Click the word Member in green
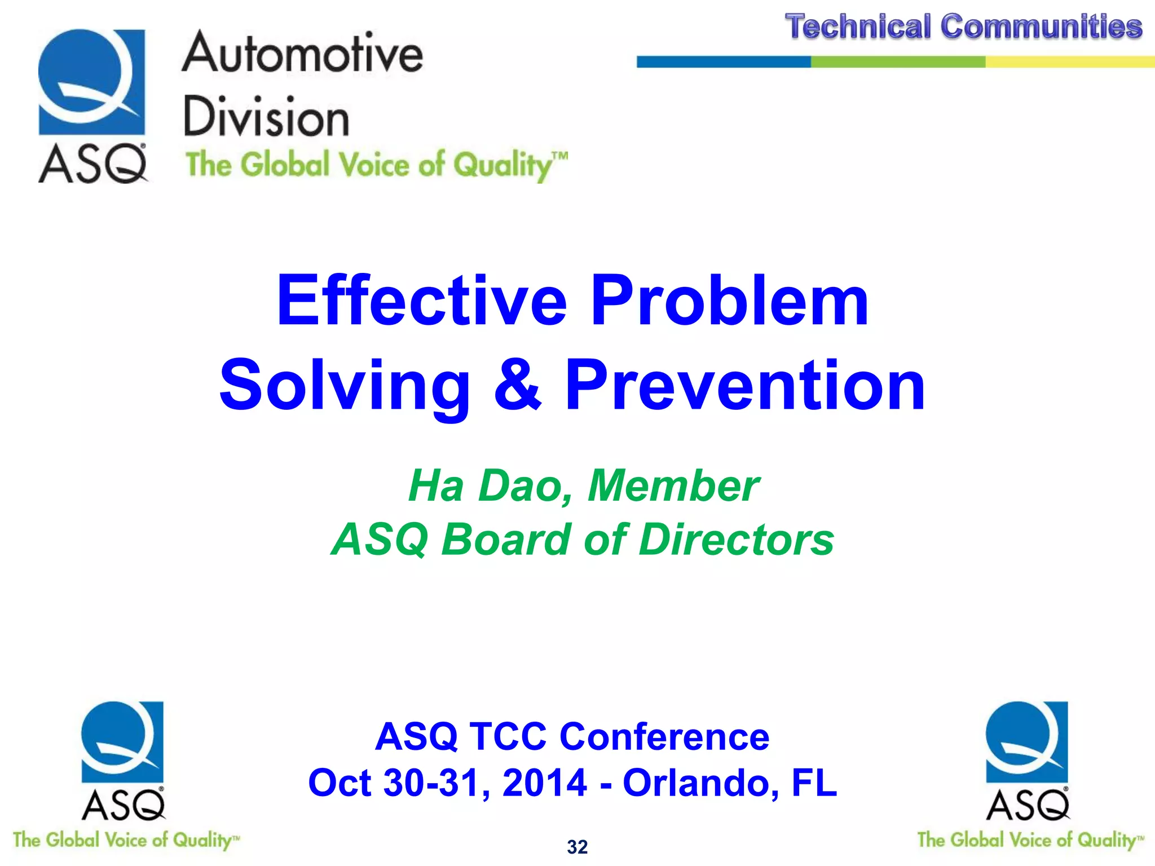(x=673, y=485)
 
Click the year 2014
(x=545, y=783)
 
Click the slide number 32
(x=577, y=847)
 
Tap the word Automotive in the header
(x=302, y=54)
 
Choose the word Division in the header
(x=266, y=117)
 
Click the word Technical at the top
(x=857, y=27)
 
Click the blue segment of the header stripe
(x=724, y=62)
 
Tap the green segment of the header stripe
(x=898, y=62)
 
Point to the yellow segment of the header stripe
(x=1070, y=62)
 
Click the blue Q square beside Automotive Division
(x=91, y=82)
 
